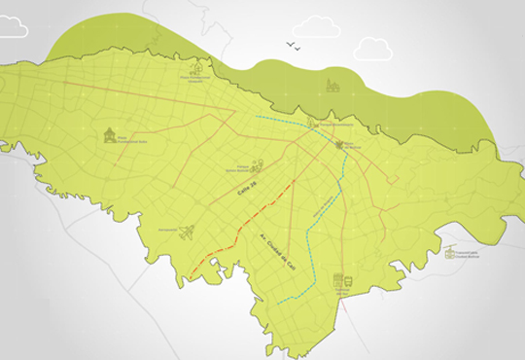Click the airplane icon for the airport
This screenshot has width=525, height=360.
187,232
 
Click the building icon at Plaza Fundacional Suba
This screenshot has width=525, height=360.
110,134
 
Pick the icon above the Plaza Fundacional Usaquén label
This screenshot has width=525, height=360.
195,69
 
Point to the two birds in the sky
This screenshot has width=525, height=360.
293,46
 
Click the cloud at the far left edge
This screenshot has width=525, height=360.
12,27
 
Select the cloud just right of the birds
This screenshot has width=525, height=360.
316,27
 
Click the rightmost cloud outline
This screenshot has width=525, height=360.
373,49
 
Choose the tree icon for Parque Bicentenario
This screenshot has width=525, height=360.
313,122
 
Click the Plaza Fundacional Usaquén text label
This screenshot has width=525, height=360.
195,80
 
